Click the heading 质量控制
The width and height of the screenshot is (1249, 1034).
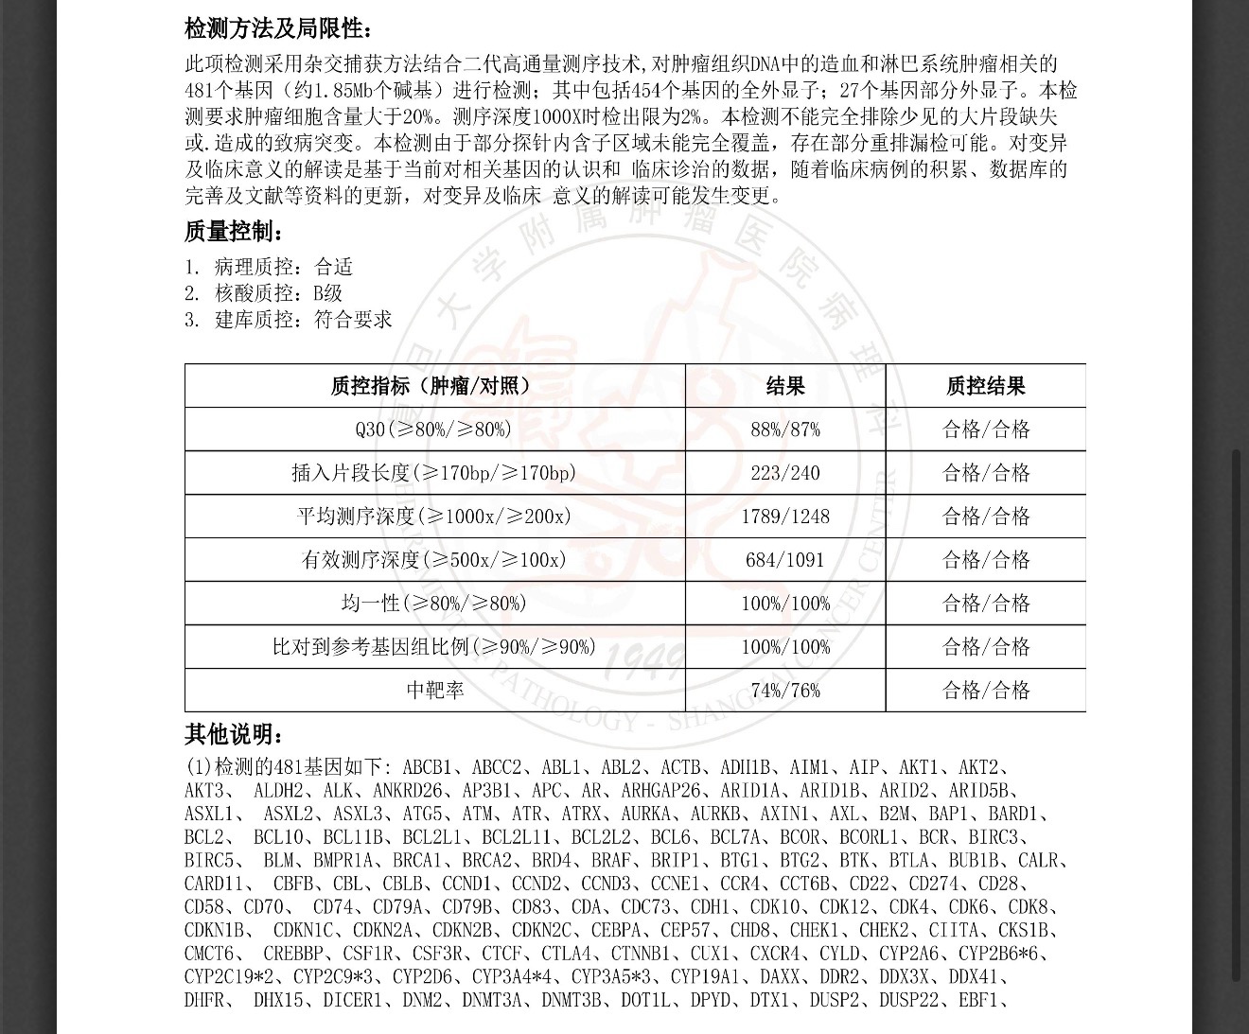(x=233, y=232)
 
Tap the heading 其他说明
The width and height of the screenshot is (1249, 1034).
(x=233, y=734)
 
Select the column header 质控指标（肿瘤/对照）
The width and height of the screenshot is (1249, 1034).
(x=434, y=386)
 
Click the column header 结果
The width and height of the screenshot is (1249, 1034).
(x=785, y=386)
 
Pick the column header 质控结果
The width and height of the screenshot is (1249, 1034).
(x=985, y=386)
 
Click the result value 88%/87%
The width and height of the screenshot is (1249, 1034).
(x=785, y=429)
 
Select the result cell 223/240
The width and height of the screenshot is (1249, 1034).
(x=785, y=473)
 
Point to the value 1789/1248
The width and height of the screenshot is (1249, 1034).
(x=785, y=517)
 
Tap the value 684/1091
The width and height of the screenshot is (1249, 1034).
(x=785, y=560)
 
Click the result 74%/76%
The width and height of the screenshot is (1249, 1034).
(x=785, y=691)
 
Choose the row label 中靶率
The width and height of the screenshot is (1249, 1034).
(x=434, y=691)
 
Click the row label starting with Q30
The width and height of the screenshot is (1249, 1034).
(x=434, y=429)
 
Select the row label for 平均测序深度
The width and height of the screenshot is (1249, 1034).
(x=434, y=517)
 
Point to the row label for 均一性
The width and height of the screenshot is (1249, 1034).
(x=434, y=604)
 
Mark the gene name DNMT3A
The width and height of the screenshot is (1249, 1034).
(x=491, y=999)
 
